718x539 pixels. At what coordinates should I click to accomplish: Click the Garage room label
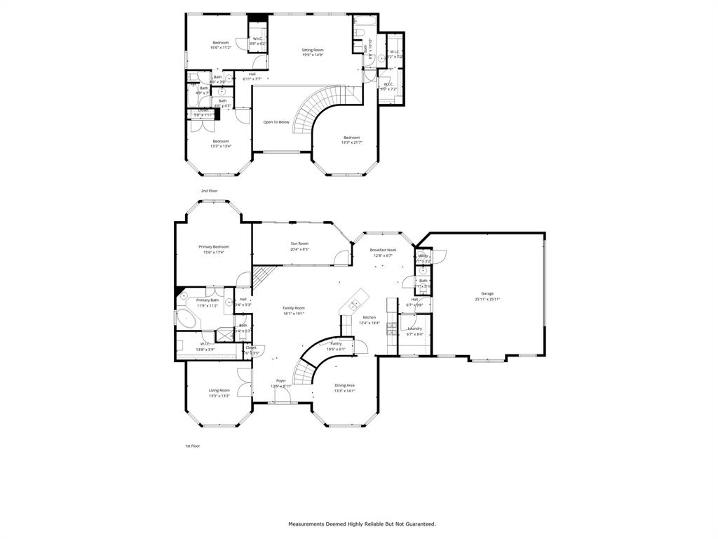pos(487,293)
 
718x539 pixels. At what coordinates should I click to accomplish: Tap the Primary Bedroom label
pos(213,246)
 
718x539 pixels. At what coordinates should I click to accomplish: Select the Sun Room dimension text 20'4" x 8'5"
pos(299,249)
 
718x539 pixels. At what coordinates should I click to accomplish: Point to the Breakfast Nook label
pos(383,250)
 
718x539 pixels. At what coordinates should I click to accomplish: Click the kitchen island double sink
pos(355,303)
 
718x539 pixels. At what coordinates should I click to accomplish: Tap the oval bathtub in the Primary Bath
pos(186,319)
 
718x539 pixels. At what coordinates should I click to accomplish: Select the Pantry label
pos(336,343)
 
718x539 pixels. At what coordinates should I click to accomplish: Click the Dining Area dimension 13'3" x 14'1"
pos(344,391)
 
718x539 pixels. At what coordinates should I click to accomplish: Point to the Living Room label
pos(219,390)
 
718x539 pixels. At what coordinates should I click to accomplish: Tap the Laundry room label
pos(414,328)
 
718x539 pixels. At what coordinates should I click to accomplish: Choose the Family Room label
pos(294,308)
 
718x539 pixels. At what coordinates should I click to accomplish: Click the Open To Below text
pos(276,122)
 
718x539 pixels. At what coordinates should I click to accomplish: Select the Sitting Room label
pos(313,50)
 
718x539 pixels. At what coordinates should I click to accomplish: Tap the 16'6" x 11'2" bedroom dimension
pos(221,48)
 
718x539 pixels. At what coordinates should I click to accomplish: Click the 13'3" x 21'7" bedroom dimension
pos(351,142)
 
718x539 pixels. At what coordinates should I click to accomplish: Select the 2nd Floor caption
pos(210,191)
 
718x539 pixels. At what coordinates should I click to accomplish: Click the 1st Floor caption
pos(193,446)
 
